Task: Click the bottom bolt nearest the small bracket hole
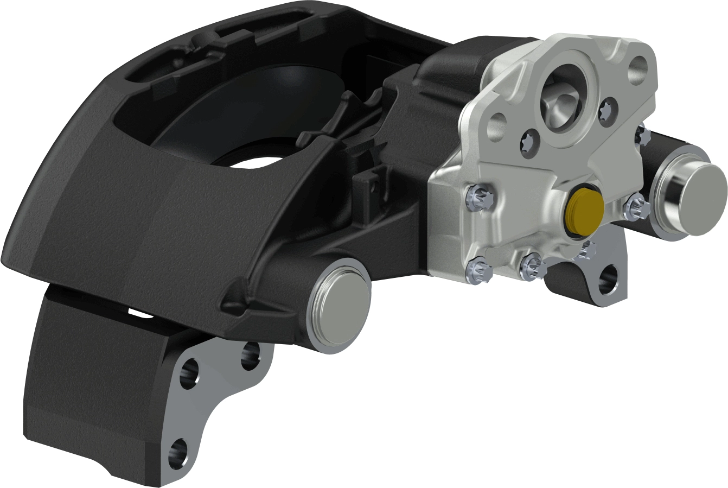pos(531,265)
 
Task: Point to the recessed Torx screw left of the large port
pos(528,142)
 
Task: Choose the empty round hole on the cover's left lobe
pos(497,129)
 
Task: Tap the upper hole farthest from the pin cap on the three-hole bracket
pos(189,375)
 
